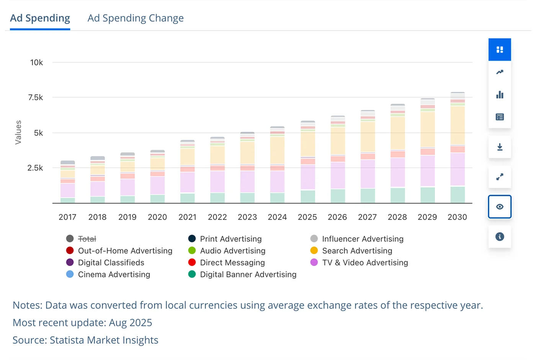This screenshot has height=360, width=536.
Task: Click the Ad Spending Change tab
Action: coord(136,18)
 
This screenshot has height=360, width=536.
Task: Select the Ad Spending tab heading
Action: coord(40,18)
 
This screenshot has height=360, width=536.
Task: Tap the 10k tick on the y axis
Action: coord(36,62)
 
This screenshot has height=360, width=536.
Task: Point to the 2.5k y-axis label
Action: coord(35,168)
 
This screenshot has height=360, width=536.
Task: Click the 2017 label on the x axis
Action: coord(67,217)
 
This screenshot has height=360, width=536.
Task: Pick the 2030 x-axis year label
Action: coord(457,217)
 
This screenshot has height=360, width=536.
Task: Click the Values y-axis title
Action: coord(18,132)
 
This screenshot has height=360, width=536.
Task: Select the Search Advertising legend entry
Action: coord(357,251)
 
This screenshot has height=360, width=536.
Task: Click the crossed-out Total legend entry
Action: coord(87,239)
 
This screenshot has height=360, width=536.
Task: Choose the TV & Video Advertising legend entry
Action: coord(365,262)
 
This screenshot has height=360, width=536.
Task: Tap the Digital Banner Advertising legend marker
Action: coord(192,274)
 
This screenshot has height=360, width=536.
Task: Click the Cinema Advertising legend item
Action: coord(114,274)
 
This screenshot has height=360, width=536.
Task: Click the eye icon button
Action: coord(500,207)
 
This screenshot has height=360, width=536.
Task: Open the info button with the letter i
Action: coord(500,237)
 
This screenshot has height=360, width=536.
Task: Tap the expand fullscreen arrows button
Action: coord(500,177)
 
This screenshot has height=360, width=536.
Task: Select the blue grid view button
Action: coord(500,50)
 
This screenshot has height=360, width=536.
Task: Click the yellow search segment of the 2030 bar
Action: coord(458,125)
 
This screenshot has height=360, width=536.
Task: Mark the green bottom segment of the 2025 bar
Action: coord(307,197)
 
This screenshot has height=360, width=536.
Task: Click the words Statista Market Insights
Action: coord(104,340)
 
